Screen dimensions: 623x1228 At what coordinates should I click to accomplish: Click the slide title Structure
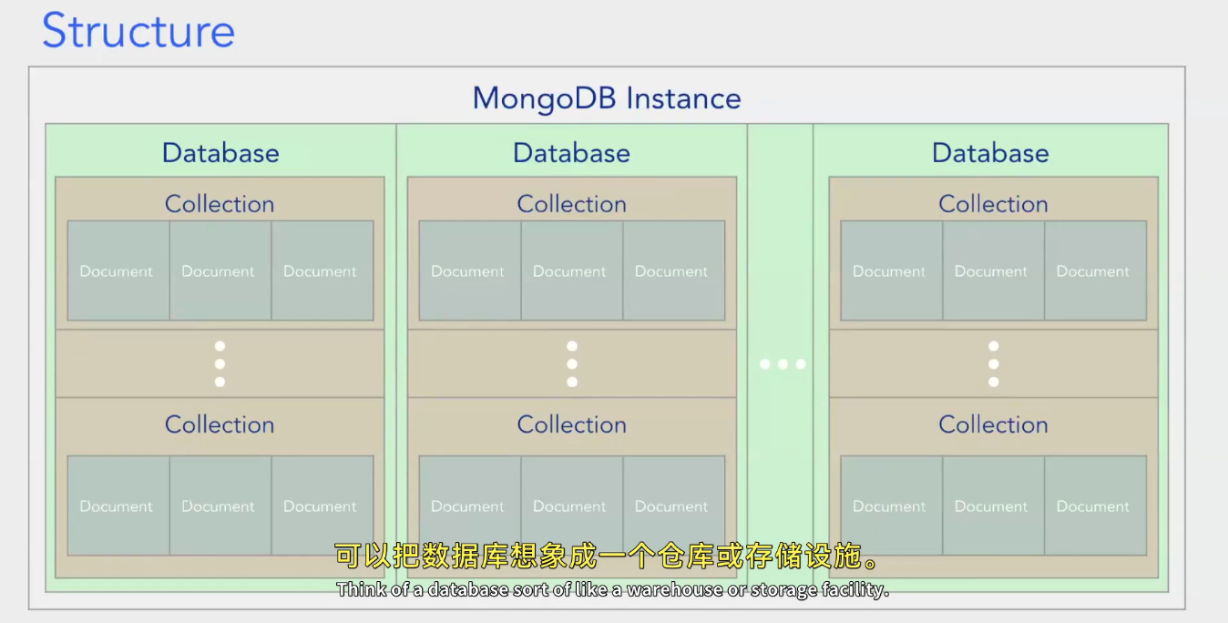(138, 31)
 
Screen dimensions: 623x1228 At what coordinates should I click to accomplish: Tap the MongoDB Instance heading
(607, 98)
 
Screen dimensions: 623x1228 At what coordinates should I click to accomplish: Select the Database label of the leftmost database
(220, 153)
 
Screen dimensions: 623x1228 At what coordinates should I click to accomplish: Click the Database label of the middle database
(571, 153)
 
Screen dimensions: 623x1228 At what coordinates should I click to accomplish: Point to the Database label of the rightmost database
(990, 153)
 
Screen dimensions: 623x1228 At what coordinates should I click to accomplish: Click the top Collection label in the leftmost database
(220, 204)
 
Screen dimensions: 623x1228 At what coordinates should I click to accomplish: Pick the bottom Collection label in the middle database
(571, 424)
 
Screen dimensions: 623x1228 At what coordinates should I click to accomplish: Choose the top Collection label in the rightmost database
(993, 204)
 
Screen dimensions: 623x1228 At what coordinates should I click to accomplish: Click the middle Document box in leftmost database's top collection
(220, 271)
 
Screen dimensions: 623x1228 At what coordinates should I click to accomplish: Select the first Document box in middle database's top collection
(469, 271)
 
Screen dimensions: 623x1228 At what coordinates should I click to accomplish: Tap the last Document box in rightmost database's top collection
(1094, 271)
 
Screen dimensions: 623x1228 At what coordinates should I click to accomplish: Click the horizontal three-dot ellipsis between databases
(783, 364)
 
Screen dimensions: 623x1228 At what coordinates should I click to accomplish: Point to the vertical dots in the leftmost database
(220, 364)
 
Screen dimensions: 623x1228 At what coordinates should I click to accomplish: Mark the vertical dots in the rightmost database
(993, 364)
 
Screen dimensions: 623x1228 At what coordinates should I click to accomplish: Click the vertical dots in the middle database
(571, 364)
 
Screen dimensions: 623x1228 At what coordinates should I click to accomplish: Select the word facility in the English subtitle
(854, 590)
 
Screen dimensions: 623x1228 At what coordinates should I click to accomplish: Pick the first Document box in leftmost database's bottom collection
(118, 506)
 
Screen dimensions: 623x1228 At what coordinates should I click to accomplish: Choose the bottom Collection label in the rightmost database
(993, 424)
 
